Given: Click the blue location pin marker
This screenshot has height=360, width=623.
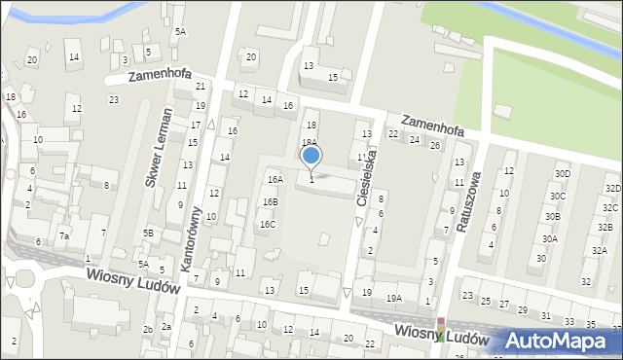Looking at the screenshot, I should pos(311,157).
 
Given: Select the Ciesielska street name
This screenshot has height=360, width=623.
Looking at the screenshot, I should pos(372,189).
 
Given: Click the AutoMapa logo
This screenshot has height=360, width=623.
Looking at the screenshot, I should pos(560,342).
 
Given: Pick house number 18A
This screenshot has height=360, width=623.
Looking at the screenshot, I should pos(309,142).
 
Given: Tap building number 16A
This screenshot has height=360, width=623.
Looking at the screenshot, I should pos(275,179).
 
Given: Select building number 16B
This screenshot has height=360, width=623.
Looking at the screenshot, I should pos(270,201).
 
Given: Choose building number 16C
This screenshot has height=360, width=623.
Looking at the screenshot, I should pos(267,224).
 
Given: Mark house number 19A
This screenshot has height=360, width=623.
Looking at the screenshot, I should pos(393,299).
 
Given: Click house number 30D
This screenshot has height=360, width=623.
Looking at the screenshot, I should pos(562,173).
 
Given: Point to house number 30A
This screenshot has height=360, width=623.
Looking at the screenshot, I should pos(549,238).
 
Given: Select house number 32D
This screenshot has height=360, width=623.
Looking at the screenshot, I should pos(612,188).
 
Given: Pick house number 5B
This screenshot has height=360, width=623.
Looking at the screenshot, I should pos(148,233).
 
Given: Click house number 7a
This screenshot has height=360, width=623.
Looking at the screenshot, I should pos(64,235).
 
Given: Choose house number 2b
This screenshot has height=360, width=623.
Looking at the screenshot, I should pos(148,329).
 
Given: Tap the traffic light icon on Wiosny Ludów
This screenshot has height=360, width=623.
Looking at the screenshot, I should pos(440,329).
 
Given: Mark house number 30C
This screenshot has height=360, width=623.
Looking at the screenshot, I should pos(557,196).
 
